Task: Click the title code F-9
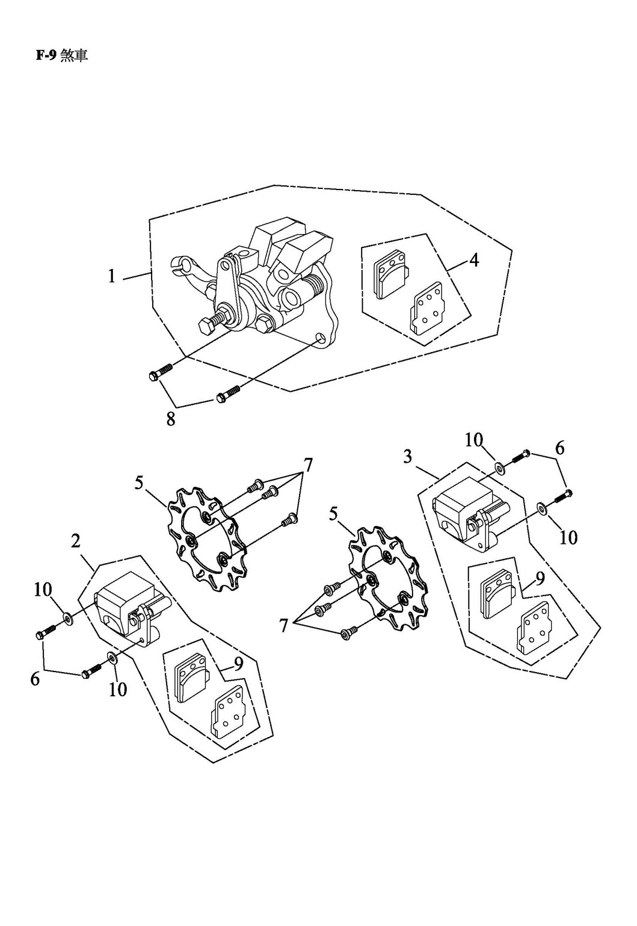coord(46,56)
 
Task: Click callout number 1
coord(111,276)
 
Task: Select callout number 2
coord(76,541)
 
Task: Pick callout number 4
coord(474,261)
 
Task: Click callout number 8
coord(171,419)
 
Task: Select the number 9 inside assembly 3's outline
coord(540,579)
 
